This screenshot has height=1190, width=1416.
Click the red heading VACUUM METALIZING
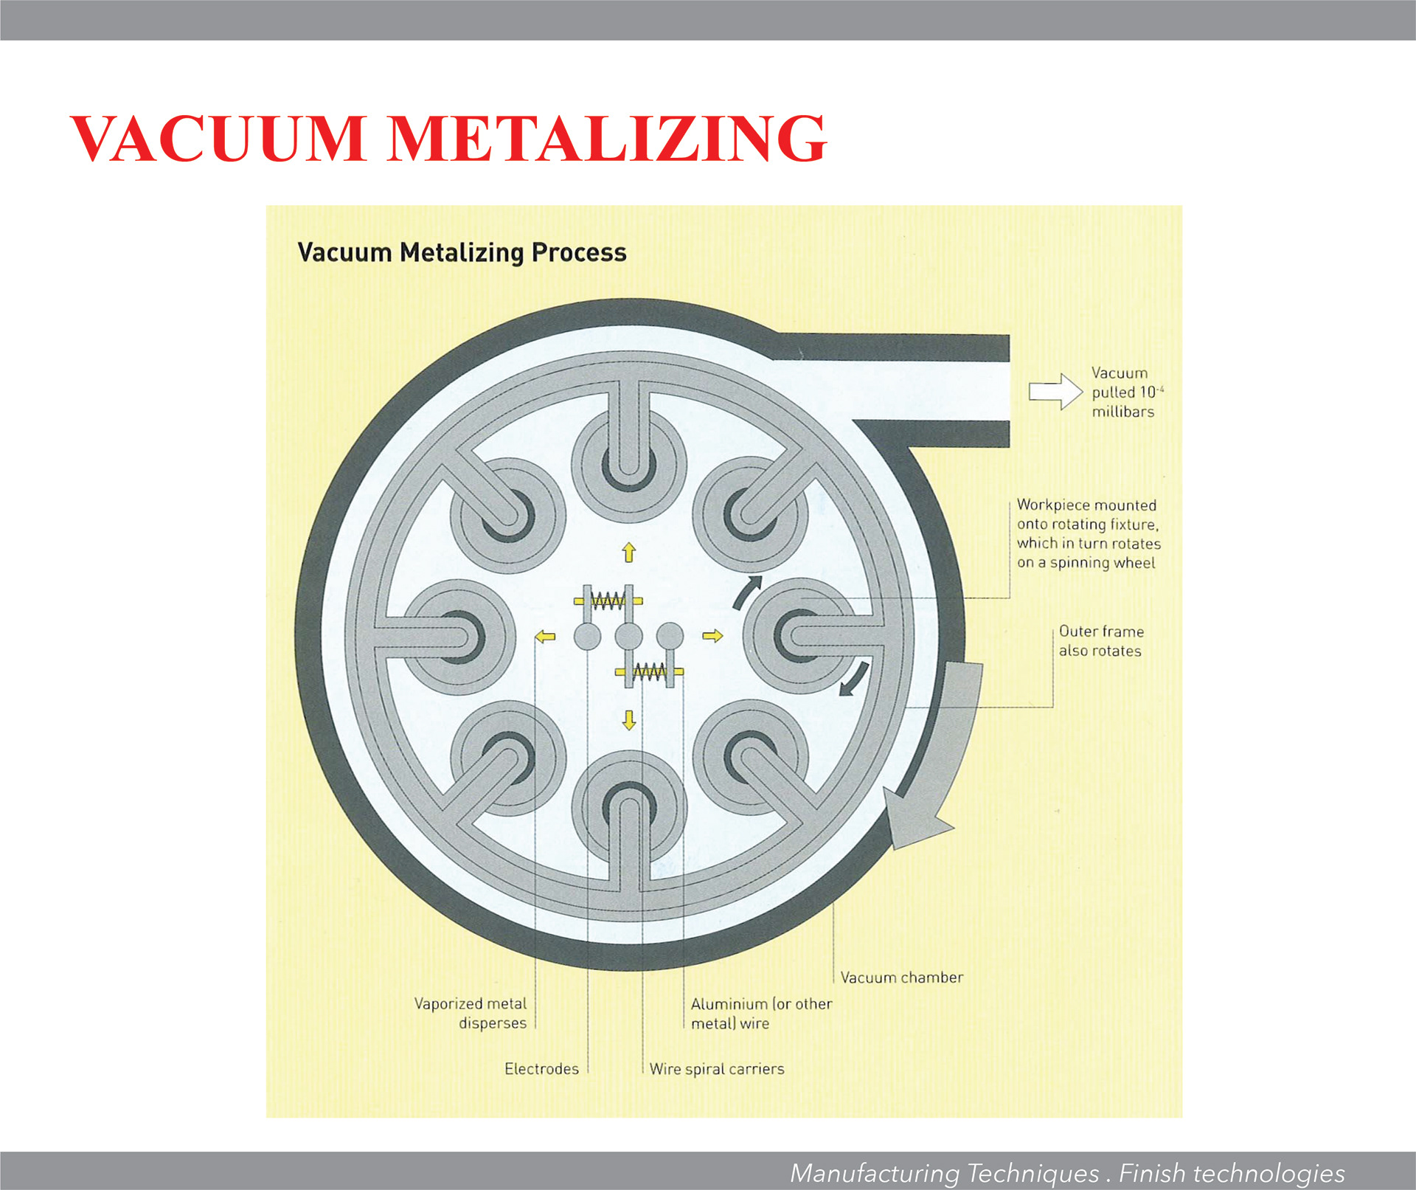[x=448, y=139]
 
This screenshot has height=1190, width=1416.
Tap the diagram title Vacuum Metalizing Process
[x=462, y=252]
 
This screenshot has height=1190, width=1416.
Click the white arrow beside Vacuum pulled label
[x=1055, y=391]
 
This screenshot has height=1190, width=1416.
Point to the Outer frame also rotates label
[x=1100, y=641]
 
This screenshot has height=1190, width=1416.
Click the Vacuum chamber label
[x=901, y=978]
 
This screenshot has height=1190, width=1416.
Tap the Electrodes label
[x=541, y=1069]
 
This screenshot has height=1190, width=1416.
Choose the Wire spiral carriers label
[x=717, y=1069]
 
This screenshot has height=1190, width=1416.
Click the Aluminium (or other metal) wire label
[x=761, y=1014]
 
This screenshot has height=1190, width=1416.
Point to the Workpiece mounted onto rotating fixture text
[x=1088, y=534]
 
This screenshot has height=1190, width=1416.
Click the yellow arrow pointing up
[x=628, y=552]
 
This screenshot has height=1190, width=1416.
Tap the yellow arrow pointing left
[x=545, y=636]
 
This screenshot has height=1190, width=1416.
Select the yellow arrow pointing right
[x=712, y=636]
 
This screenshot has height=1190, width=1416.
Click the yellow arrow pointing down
[x=628, y=720]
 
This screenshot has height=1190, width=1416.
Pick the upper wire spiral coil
[x=608, y=601]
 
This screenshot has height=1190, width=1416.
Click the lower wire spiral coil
[x=650, y=671]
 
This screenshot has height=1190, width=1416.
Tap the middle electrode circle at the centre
[x=628, y=636]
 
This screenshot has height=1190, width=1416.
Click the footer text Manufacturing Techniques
[x=945, y=1173]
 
